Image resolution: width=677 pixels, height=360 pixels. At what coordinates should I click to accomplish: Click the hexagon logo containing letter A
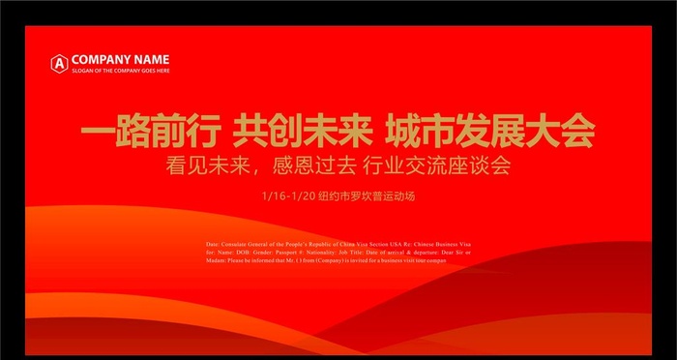[59, 63]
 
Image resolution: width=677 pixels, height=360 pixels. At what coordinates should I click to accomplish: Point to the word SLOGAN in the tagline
[81, 71]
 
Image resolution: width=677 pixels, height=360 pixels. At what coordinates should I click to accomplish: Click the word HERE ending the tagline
[162, 71]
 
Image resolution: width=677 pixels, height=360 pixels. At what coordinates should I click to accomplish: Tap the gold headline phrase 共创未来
[298, 131]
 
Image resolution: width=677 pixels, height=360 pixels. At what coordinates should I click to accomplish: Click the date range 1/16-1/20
[287, 196]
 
